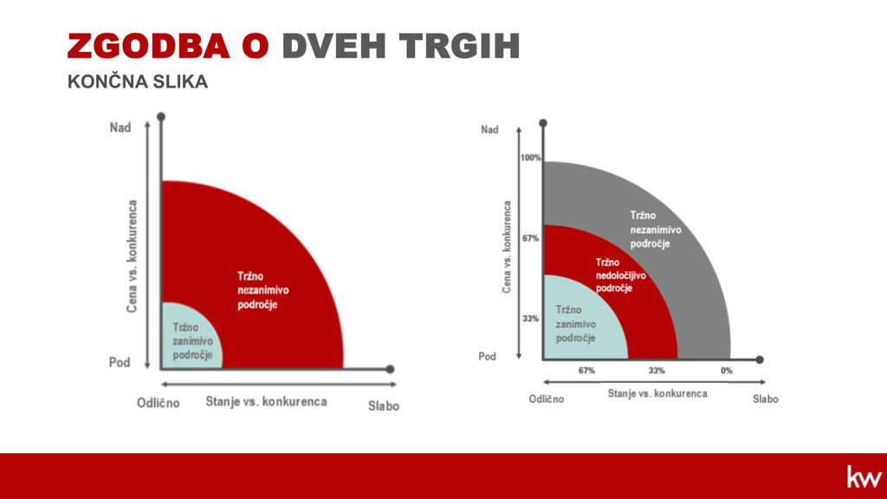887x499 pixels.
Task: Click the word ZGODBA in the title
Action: [149, 46]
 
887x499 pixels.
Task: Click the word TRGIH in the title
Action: [459, 46]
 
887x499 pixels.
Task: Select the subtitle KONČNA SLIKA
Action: [138, 81]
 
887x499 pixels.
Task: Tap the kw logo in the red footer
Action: [864, 476]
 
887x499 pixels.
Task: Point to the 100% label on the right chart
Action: [531, 158]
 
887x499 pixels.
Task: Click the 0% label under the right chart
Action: [727, 371]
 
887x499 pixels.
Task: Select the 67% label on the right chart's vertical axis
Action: [531, 239]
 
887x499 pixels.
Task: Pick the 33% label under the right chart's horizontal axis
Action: [657, 371]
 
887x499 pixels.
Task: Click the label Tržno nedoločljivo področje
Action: [620, 275]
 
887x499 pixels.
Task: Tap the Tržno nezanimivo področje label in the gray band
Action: [656, 230]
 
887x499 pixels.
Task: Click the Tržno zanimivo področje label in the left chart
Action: [193, 341]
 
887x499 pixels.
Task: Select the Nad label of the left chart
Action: [120, 127]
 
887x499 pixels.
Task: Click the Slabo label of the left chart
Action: [384, 405]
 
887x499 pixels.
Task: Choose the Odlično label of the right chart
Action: [547, 399]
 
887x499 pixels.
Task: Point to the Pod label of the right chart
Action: [487, 356]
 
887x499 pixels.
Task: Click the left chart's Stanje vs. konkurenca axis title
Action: [267, 402]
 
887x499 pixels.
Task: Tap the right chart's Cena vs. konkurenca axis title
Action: [506, 247]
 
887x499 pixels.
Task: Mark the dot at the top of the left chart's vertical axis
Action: [160, 117]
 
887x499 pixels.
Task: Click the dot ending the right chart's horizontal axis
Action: [760, 360]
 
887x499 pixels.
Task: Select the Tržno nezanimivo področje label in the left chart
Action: [263, 290]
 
